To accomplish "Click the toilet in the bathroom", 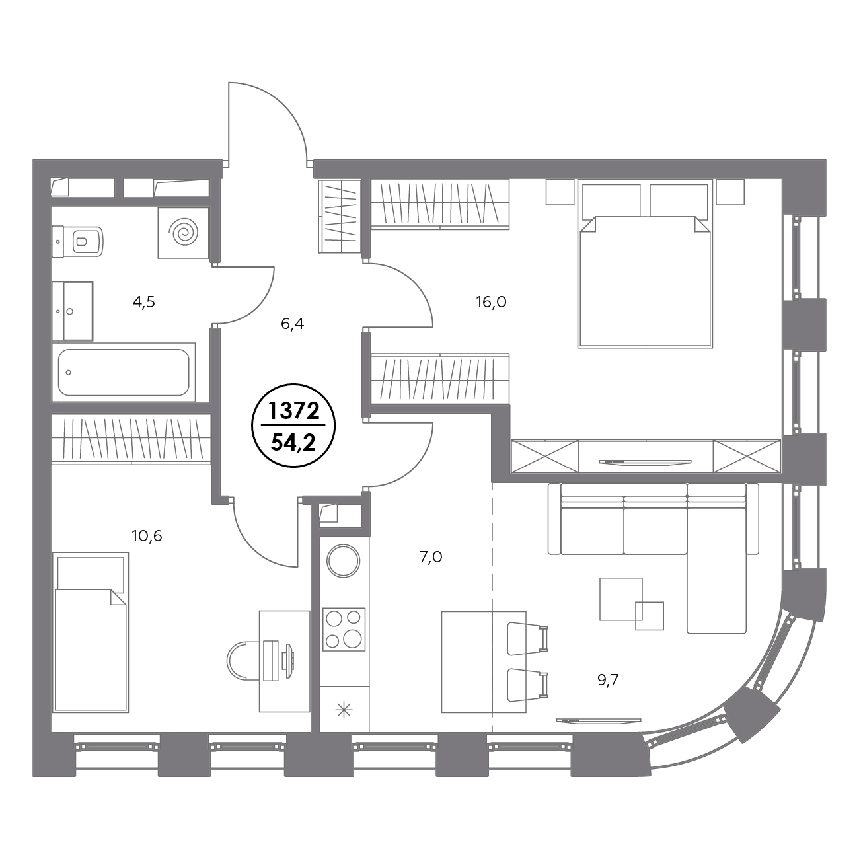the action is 78,242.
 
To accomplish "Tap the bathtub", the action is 124,373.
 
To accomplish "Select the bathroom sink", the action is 72,311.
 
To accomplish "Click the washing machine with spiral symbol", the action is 183,233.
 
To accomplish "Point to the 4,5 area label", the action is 143,302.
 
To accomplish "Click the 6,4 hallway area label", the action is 293,324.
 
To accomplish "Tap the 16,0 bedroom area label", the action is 491,302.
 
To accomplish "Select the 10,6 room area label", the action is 147,536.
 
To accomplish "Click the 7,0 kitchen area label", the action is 431,557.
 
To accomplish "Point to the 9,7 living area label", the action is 608,681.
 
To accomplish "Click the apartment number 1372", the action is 293,411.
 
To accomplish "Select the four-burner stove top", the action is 344,629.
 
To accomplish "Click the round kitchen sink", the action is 343,561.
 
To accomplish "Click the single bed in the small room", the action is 91,632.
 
